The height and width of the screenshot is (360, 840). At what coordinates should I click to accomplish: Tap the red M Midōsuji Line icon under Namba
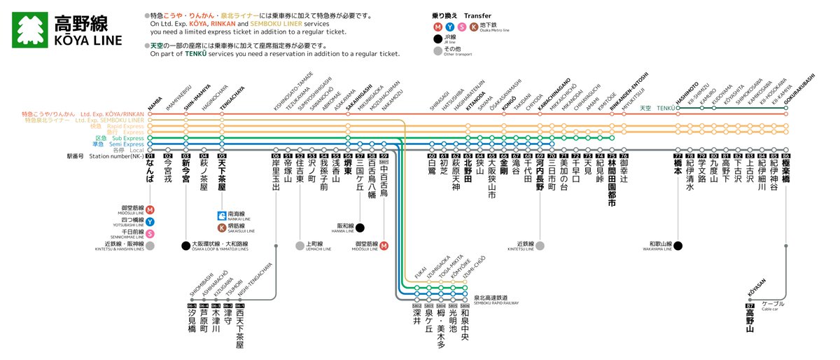point(150,209)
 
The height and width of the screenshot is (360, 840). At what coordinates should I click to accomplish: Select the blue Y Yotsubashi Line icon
point(150,221)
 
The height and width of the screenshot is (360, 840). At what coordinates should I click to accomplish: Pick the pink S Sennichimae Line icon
point(150,233)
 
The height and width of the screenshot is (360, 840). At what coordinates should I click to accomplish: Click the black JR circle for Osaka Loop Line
point(185,246)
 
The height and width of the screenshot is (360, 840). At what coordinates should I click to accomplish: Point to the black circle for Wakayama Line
point(678,246)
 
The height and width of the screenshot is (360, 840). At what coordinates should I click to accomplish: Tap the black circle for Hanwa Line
point(360,228)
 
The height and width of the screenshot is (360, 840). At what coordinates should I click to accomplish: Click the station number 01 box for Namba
point(150,156)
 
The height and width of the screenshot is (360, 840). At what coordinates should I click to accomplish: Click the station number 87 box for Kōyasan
point(750,306)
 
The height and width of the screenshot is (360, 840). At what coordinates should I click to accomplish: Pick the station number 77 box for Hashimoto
point(678,156)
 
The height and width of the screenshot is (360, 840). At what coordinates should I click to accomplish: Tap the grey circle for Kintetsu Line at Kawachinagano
point(540,246)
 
